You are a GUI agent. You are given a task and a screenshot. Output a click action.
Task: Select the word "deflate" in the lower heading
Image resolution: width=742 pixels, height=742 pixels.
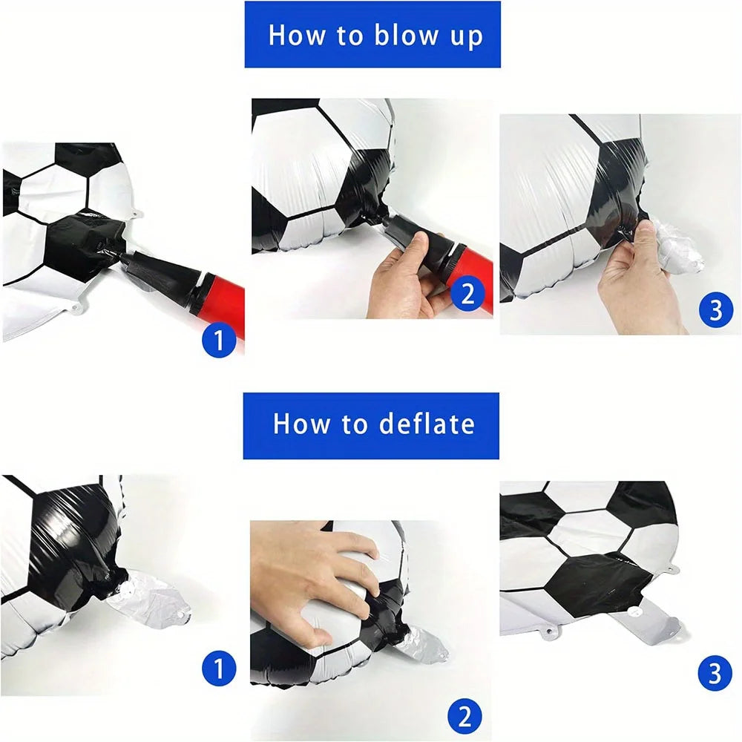(x=427, y=424)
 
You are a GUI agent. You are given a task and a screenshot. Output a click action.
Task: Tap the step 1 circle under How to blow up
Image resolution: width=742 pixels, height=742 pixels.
(x=219, y=341)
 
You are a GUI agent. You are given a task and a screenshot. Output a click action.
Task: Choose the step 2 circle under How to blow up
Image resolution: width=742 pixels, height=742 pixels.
(x=467, y=295)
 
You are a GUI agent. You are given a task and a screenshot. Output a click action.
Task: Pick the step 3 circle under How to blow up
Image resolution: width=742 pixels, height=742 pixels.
(x=715, y=310)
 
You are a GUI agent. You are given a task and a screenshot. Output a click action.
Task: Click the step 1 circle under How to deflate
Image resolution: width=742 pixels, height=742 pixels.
(x=219, y=670)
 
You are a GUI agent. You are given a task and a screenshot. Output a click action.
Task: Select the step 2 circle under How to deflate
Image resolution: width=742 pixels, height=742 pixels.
(x=464, y=718)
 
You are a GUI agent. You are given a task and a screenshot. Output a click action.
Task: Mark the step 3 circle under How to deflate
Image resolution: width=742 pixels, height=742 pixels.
(x=715, y=674)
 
